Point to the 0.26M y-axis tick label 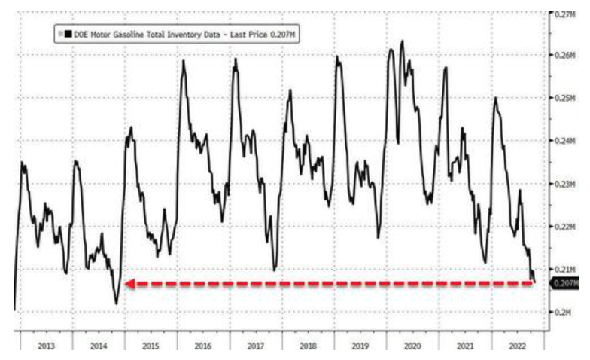564,56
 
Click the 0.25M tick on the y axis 564,99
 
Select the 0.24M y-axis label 564,141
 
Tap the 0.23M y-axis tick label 564,184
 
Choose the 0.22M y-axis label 564,227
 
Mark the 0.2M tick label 562,312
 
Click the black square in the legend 68,33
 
